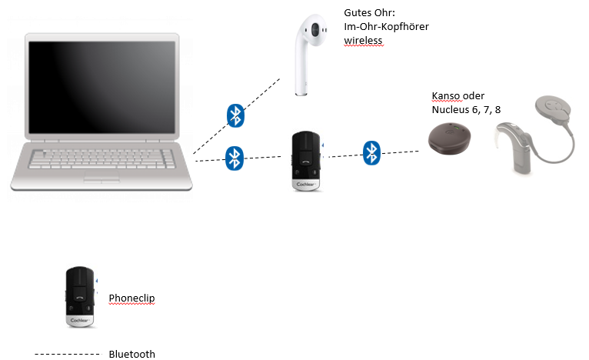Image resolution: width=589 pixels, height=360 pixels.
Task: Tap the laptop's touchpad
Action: click(101, 178)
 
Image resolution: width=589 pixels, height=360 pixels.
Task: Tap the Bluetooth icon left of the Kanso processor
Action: click(372, 152)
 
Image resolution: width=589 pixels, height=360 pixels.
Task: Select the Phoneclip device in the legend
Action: click(80, 298)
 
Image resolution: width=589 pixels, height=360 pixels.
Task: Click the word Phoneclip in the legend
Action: click(131, 298)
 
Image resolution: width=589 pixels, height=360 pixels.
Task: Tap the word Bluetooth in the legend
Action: click(131, 354)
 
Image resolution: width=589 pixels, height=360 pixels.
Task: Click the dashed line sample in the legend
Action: click(67, 354)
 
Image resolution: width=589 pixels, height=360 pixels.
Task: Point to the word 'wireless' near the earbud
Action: click(363, 40)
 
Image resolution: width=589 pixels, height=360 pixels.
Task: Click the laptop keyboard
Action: click(101, 157)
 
